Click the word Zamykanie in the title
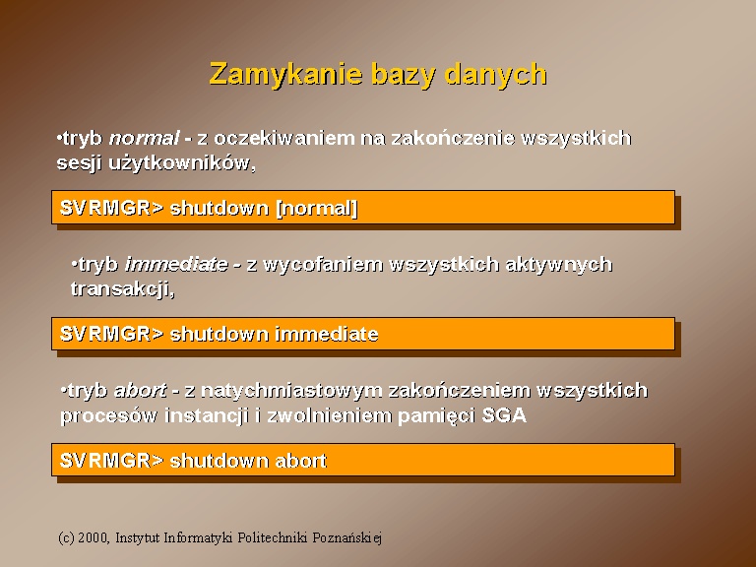285,74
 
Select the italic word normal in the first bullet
144,139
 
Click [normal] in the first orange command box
316,208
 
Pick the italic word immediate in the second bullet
176,264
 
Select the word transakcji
122,288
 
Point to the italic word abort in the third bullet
140,390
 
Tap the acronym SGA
504,415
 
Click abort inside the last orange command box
300,461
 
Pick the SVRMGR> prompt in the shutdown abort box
111,461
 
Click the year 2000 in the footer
95,537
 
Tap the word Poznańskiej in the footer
346,537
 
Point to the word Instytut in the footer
138,537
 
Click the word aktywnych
559,264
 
